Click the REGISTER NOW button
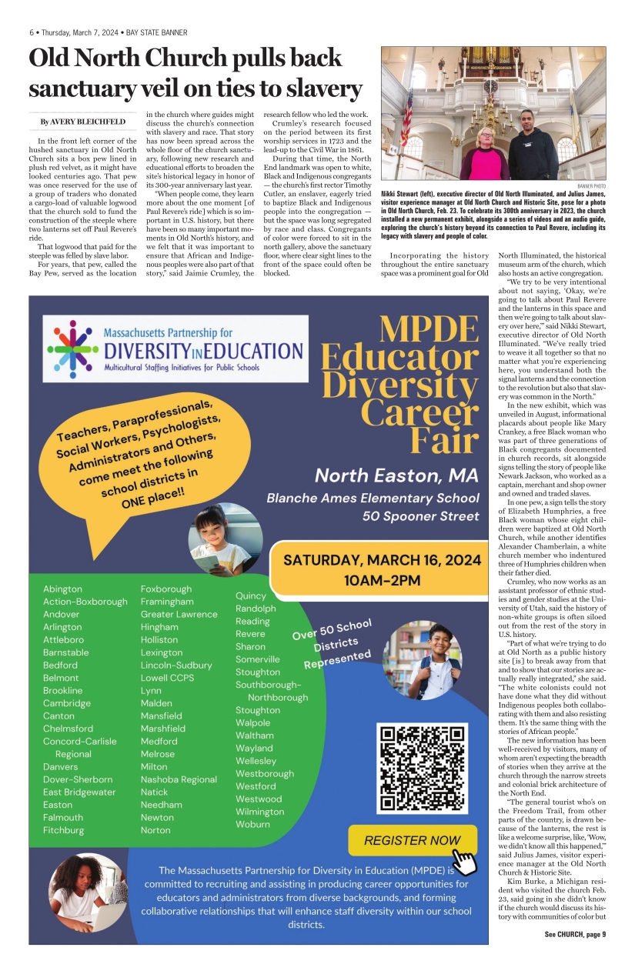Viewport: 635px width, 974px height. pyautogui.click(x=412, y=840)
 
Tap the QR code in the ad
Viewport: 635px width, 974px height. pyautogui.click(x=422, y=768)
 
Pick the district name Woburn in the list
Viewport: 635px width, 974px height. pyautogui.click(x=252, y=824)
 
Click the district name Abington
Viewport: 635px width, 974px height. pyautogui.click(x=63, y=589)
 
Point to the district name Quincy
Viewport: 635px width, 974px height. pyautogui.click(x=251, y=595)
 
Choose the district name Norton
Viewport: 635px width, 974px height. pyautogui.click(x=156, y=830)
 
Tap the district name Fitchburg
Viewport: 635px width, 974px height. pyautogui.click(x=64, y=830)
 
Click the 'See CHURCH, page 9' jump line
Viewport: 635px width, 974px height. pyautogui.click(x=575, y=934)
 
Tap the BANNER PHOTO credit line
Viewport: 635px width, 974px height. pyautogui.click(x=590, y=186)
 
